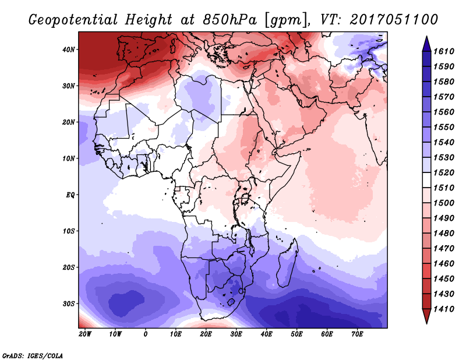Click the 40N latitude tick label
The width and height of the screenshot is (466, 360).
coord(69,50)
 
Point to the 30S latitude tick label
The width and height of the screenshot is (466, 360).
coord(69,304)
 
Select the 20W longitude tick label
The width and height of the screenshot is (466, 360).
coord(85,334)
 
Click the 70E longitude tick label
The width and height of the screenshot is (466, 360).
coord(357,334)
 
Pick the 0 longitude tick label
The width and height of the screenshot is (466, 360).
coord(145,334)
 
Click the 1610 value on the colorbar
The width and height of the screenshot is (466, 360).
coord(444,51)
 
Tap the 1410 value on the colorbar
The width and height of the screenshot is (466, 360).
coord(444,309)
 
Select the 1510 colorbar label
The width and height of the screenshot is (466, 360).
coord(444,188)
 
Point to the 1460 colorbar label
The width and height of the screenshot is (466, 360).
coord(444,264)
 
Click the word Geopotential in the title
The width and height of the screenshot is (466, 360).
coord(73,20)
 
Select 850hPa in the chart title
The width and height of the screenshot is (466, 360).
coord(230,20)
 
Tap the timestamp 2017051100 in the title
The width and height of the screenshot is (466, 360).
coord(394,19)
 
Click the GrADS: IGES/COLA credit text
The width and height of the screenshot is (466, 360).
coord(32,355)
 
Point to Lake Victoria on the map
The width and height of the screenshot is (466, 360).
coord(245,198)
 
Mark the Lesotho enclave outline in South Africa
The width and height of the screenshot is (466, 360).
coord(231,302)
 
